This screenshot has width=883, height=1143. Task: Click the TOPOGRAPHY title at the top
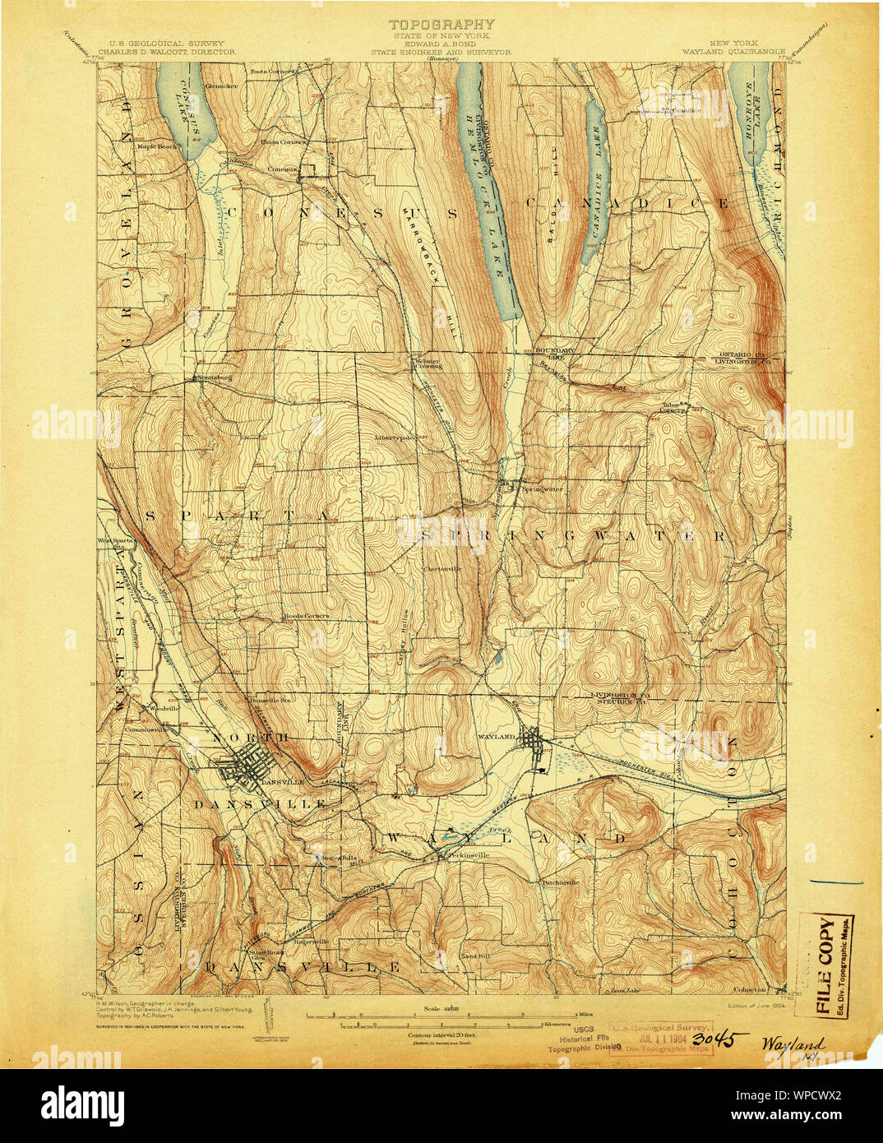pyautogui.click(x=441, y=25)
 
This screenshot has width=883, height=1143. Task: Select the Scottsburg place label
pyautogui.click(x=212, y=378)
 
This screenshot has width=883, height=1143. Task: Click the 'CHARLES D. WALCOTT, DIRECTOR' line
pyautogui.click(x=167, y=51)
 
